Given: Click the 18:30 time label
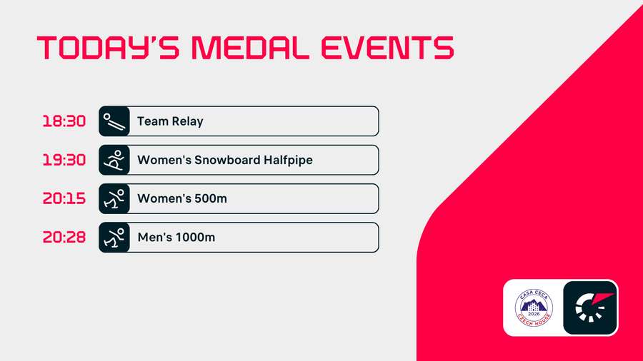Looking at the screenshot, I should [64, 121].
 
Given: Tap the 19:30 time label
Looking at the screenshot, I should [64, 160].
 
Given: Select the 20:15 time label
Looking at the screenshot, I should [64, 198].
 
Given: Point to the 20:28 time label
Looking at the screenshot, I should [64, 237].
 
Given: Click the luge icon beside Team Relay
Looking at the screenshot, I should [114, 121].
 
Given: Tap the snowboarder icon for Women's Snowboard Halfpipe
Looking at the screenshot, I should [114, 160].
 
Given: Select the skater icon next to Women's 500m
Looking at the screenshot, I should [114, 198].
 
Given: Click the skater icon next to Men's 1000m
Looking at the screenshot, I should [114, 237].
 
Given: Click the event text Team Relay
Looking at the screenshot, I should [170, 121].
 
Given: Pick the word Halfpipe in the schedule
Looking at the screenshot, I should [287, 160].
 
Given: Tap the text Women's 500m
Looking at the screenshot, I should [182, 198].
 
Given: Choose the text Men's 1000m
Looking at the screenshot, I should [176, 237].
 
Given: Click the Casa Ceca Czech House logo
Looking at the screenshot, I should [534, 307].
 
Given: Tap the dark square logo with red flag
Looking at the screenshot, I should [590, 307].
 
